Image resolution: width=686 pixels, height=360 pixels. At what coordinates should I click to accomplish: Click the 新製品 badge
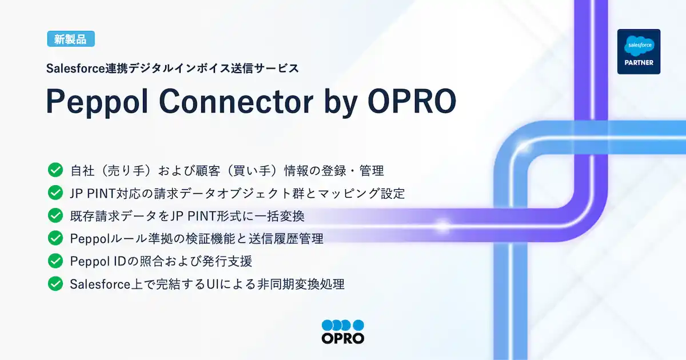[x=71, y=39]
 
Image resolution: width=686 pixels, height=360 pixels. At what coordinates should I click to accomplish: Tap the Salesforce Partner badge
[x=639, y=51]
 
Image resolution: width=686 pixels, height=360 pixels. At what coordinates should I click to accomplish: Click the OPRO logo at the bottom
[x=343, y=331]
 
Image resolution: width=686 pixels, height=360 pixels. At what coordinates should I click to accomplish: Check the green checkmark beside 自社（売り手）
[x=55, y=170]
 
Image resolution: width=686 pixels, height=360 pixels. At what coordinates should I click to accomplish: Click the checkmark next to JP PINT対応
[x=55, y=193]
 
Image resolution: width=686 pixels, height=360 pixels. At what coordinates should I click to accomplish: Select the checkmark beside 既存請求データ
[x=55, y=215]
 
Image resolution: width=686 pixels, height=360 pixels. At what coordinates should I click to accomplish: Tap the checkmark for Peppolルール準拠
[x=55, y=238]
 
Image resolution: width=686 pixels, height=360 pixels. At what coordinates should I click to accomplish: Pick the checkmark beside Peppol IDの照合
[x=55, y=261]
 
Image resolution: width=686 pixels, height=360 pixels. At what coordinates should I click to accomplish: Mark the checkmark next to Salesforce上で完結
[x=55, y=283]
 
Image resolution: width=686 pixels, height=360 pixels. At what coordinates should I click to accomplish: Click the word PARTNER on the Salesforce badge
[x=639, y=62]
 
